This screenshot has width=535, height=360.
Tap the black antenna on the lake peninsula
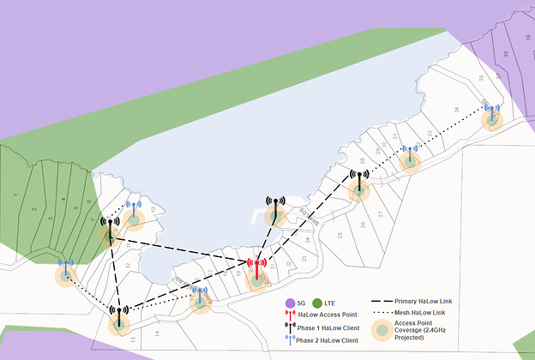pyautogui.click(x=275, y=208)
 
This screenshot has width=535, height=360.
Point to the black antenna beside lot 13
pyautogui.click(x=119, y=315)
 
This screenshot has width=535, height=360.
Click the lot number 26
pyautogui.click(x=367, y=225)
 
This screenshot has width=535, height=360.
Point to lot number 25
pyautogui.click(x=340, y=234)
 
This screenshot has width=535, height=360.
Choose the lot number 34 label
pyautogui.click(x=456, y=110)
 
